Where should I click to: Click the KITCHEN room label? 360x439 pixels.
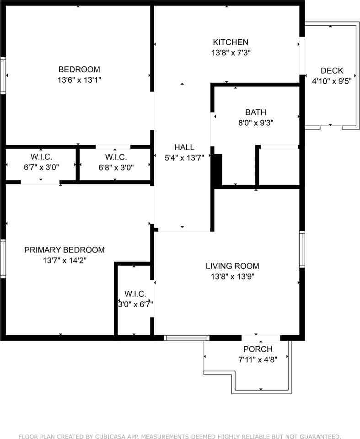coord(231,42)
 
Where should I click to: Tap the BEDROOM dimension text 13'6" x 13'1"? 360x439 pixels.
coord(79,80)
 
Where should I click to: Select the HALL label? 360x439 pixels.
coord(184,147)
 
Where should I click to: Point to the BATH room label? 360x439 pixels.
coord(256,112)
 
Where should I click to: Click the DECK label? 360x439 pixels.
coord(332,70)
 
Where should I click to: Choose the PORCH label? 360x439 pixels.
coord(258,349)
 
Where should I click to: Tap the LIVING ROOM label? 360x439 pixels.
coord(232,266)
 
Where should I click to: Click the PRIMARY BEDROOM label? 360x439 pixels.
coord(64,250)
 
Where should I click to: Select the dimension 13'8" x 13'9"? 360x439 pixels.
coord(232,277)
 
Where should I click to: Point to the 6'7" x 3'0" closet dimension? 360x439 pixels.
coord(42,167)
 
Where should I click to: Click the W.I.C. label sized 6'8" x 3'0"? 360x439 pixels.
coord(116,157)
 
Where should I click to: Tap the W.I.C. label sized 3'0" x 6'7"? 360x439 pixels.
coord(135,294)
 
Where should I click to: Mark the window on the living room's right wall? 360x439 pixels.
coord(302,249)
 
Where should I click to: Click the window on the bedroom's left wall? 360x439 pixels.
coord(3,75)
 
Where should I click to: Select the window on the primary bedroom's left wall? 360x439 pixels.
coord(3,259)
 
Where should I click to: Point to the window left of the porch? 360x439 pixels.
coord(187,338)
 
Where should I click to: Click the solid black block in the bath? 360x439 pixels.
coord(218,169)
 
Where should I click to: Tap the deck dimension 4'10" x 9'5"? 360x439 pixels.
coord(332,81)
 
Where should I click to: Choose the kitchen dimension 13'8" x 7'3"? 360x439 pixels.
coord(231,53)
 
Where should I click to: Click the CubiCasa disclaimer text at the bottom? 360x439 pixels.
coord(180,436)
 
